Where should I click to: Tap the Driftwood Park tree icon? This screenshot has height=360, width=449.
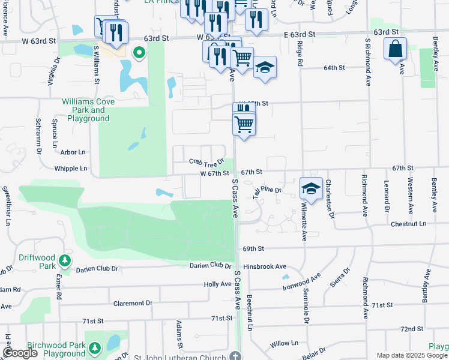pyautogui.click(x=64, y=262)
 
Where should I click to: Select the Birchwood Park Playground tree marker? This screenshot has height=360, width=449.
pyautogui.click(x=95, y=347)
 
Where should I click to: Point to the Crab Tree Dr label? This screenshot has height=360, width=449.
pyautogui.click(x=206, y=161)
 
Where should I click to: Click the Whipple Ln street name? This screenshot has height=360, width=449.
pyautogui.click(x=71, y=169)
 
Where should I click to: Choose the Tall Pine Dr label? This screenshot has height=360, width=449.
pyautogui.click(x=267, y=190)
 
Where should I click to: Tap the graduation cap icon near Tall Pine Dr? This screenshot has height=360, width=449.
pyautogui.click(x=312, y=188)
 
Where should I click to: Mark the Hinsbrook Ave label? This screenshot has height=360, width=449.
pyautogui.click(x=265, y=266)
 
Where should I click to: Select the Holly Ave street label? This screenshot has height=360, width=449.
pyautogui.click(x=218, y=284)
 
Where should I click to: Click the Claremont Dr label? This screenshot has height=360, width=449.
pyautogui.click(x=133, y=303)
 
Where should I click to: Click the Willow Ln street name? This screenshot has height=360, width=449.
pyautogui.click(x=284, y=343)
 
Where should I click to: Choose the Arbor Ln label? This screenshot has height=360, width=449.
pyautogui.click(x=73, y=152)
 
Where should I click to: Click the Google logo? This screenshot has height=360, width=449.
pyautogui.click(x=20, y=353)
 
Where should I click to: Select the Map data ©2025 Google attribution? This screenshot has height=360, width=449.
pyautogui.click(x=411, y=355)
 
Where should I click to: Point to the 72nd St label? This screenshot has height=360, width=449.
pyautogui.click(x=412, y=329)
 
